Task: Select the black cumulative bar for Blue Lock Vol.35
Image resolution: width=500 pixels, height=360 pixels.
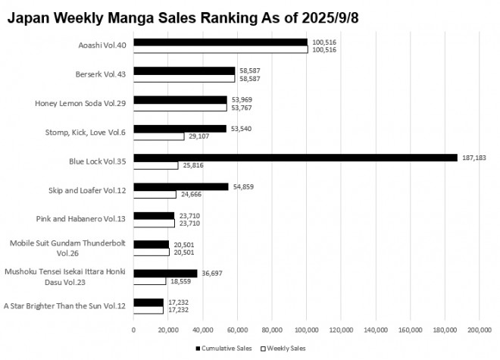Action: coord(295,158)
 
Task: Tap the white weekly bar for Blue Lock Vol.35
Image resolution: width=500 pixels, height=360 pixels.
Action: coord(156,165)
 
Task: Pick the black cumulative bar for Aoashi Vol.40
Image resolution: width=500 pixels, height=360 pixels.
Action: coord(220,42)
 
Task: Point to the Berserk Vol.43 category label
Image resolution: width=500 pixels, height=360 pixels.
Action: coord(98,75)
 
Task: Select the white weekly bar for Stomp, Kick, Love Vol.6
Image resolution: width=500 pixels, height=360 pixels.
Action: coord(159,136)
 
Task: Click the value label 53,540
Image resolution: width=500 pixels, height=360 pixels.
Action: coord(240,129)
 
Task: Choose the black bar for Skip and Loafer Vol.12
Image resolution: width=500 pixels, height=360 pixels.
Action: coord(181,186)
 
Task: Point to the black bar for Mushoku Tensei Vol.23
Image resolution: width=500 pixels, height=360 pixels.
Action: coord(165,273)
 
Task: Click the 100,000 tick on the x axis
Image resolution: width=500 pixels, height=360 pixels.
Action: coord(307,330)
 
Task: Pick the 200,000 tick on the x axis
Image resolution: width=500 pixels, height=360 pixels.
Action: coord(480,330)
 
